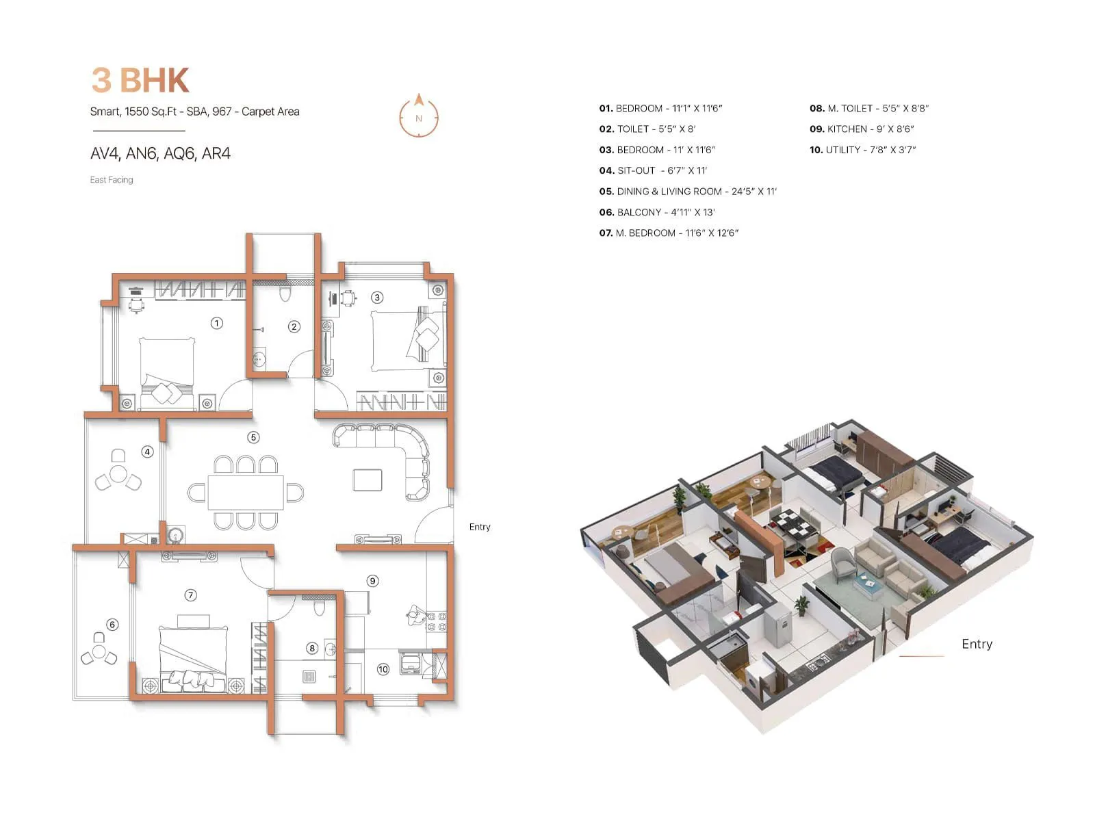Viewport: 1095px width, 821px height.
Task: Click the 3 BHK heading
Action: tap(140, 80)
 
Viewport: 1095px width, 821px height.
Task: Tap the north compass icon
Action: tap(419, 116)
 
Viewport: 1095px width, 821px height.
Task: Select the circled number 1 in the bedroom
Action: tap(217, 323)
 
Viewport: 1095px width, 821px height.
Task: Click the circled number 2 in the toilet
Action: tap(294, 326)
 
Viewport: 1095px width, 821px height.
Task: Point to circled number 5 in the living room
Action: tap(253, 437)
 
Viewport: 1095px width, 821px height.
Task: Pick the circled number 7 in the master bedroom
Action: tap(191, 595)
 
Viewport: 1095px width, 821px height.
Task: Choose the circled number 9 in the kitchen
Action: tap(372, 581)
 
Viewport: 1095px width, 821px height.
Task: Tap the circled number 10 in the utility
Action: tap(383, 669)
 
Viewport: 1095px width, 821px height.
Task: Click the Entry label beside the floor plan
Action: tap(480, 527)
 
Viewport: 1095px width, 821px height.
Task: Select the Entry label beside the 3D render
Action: tap(977, 644)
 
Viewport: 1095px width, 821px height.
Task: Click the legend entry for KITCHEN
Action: tap(862, 129)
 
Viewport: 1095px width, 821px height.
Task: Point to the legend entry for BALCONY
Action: tap(657, 212)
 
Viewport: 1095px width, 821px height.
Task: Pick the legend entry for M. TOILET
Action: tap(869, 108)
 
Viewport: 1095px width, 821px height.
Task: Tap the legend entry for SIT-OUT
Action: tap(653, 170)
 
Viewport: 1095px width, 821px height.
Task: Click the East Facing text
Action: tap(112, 180)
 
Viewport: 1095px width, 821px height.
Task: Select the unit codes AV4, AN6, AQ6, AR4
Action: tap(160, 154)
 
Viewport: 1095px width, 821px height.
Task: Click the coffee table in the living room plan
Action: tap(368, 480)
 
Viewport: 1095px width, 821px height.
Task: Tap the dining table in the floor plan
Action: tap(246, 492)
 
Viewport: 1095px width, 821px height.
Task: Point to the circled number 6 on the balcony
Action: tap(112, 625)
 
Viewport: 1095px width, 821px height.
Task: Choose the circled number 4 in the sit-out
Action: tap(147, 452)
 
